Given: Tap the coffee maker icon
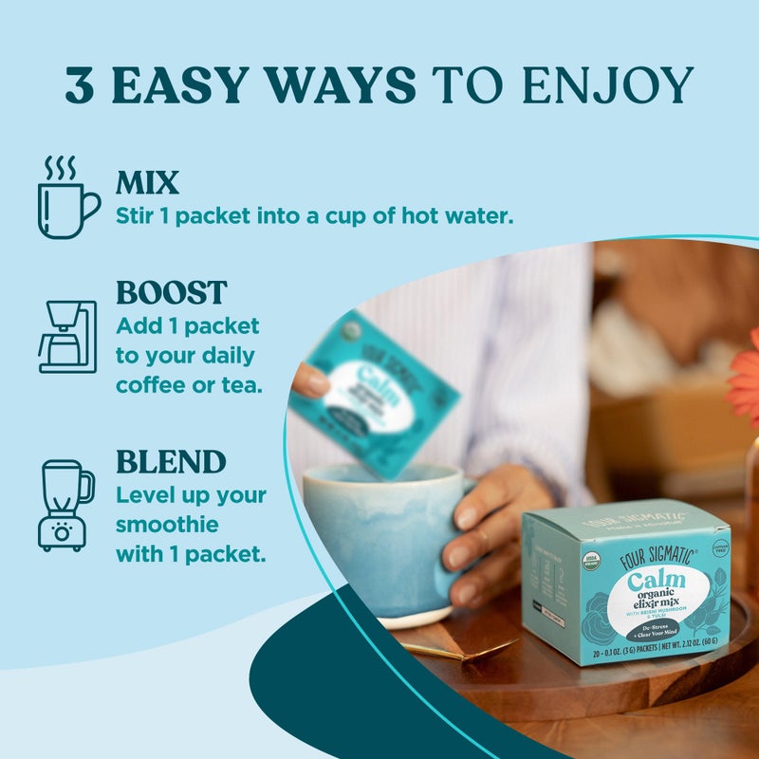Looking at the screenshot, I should click(66, 336).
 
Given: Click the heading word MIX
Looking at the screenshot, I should click(147, 182).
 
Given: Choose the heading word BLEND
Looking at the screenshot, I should click(171, 462).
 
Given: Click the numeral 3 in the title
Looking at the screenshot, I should click(83, 85).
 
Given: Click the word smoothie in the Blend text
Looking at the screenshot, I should click(167, 524).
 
